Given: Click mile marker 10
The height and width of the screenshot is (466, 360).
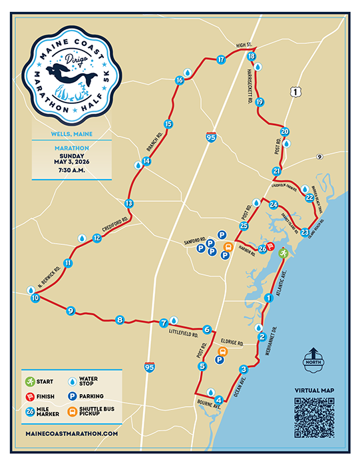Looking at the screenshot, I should click(x=35, y=299).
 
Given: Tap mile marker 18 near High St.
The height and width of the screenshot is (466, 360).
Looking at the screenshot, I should click(x=252, y=57).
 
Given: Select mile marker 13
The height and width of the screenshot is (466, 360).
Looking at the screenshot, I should click(x=129, y=203).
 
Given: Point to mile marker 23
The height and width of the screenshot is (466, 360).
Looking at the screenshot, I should click(x=305, y=232).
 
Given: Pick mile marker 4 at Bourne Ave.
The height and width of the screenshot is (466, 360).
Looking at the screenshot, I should click(x=218, y=399).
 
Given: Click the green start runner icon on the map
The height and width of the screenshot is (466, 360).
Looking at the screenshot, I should click(x=283, y=252).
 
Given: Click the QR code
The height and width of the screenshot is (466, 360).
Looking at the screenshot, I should click(x=313, y=417).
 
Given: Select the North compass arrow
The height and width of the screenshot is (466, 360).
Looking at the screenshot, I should click(x=314, y=356).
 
